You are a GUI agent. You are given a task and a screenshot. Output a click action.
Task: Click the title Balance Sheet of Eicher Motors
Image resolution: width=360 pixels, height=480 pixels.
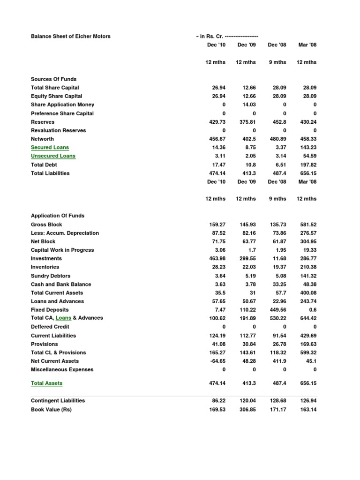click(71, 36)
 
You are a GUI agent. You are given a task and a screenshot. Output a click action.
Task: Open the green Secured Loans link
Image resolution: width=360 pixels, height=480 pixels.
click(50, 147)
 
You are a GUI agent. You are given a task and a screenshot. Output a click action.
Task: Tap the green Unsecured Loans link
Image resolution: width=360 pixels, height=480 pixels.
click(53, 156)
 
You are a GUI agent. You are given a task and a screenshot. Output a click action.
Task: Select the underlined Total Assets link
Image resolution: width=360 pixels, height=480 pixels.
click(46, 383)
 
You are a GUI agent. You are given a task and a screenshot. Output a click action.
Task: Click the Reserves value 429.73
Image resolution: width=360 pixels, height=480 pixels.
click(217, 122)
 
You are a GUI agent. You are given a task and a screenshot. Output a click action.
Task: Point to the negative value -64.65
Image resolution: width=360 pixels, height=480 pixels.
click(217, 361)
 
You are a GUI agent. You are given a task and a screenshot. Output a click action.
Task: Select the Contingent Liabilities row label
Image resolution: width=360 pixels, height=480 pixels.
click(58, 401)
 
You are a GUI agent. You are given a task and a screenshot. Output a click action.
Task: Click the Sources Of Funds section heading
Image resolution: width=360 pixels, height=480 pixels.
click(53, 79)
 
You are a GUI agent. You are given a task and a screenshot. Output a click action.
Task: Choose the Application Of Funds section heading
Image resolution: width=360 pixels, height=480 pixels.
click(58, 216)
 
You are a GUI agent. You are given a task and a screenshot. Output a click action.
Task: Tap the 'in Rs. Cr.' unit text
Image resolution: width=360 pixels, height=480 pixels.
click(211, 36)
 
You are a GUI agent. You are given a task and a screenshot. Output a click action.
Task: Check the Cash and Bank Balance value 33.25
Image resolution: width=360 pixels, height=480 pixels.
click(277, 284)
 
